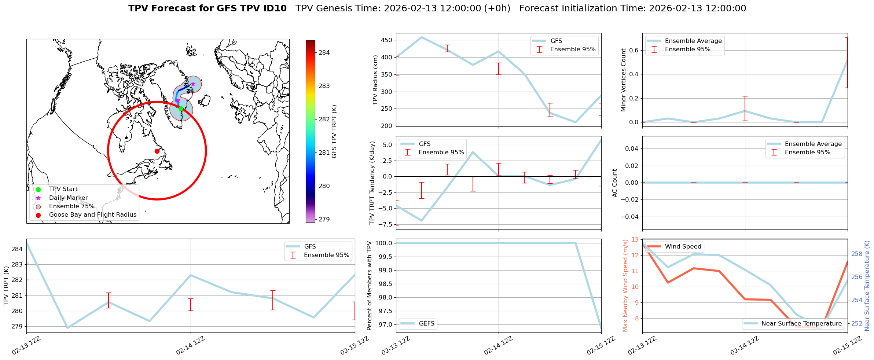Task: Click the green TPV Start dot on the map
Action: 181,109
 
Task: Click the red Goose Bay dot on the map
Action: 157,151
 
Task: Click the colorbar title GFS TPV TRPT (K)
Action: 334,132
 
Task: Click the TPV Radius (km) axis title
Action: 375,80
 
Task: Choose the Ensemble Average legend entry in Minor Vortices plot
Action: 693,41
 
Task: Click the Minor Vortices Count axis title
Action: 623,80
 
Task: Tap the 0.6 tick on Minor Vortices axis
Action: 634,50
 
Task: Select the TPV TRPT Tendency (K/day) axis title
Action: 372,183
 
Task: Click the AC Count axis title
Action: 615,183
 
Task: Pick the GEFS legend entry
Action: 426,324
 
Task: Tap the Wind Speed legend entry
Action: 683,247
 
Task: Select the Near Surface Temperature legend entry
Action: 801,324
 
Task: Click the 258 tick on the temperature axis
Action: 857,254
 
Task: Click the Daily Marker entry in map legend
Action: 68,198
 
